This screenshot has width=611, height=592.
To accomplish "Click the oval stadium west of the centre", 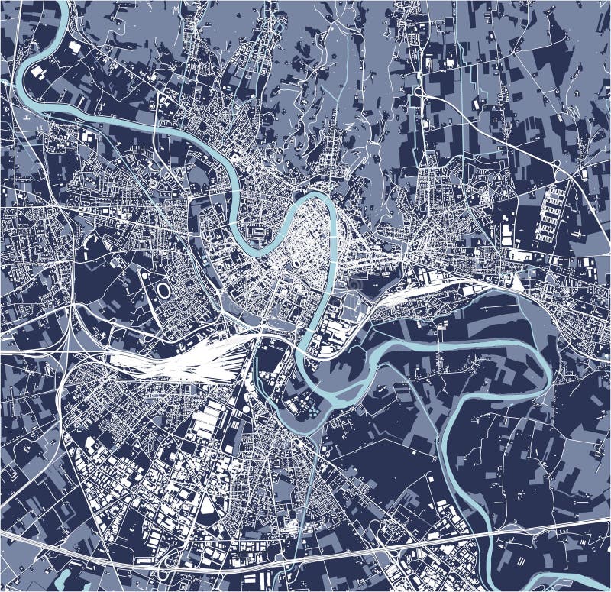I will (x=164, y=291).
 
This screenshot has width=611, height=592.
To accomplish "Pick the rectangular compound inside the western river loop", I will (x=257, y=230).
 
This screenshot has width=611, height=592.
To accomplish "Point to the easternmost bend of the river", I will (x=548, y=367).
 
